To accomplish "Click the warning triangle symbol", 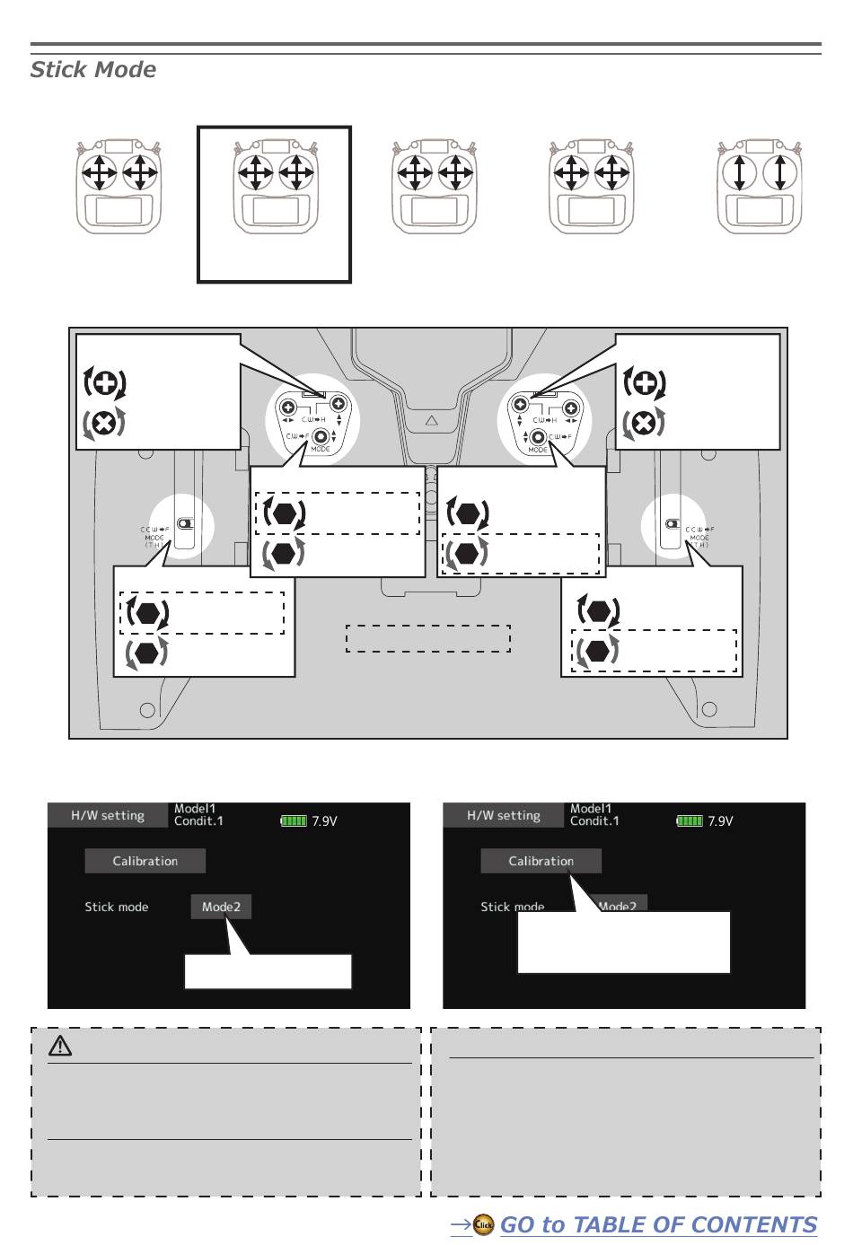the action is [60, 1045].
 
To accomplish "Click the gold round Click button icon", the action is [484, 1225].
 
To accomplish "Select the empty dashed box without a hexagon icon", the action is [427, 638].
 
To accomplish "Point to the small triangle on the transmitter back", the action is [431, 420].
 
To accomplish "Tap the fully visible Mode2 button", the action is [221, 907].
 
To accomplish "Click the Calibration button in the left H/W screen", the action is [145, 861].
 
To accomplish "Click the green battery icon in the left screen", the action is [294, 820].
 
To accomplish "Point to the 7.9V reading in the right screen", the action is [720, 820].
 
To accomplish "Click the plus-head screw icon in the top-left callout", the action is [105, 383].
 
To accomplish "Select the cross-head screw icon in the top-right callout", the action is [644, 423].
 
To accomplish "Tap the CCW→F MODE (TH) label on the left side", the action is [154, 537].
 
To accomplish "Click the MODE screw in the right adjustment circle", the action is [538, 438].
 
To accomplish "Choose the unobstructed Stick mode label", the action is [117, 907].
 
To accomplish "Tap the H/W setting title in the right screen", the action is [504, 815].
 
